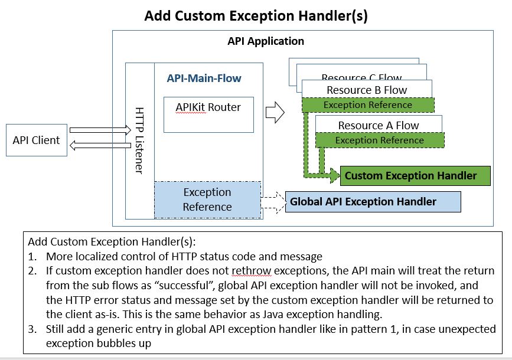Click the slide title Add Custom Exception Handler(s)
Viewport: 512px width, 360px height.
pos(256,16)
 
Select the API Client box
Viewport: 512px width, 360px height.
pos(37,140)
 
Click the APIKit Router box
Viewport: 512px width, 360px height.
pos(208,114)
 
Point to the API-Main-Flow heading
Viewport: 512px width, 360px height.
pos(204,78)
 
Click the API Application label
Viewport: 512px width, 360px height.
pos(266,41)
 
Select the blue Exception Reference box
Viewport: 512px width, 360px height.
pos(207,199)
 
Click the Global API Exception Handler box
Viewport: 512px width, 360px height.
pos(372,202)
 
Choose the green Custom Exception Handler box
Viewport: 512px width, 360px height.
pos(415,176)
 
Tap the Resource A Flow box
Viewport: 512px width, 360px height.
pos(379,125)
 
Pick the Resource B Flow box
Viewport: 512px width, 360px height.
pos(367,90)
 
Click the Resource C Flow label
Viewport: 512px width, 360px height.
pos(361,77)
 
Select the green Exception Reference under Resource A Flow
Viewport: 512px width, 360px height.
pos(380,140)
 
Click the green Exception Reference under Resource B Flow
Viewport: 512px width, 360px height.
pos(368,105)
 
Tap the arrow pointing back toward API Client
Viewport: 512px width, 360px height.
pos(99,145)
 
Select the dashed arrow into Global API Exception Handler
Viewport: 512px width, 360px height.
pos(273,202)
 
